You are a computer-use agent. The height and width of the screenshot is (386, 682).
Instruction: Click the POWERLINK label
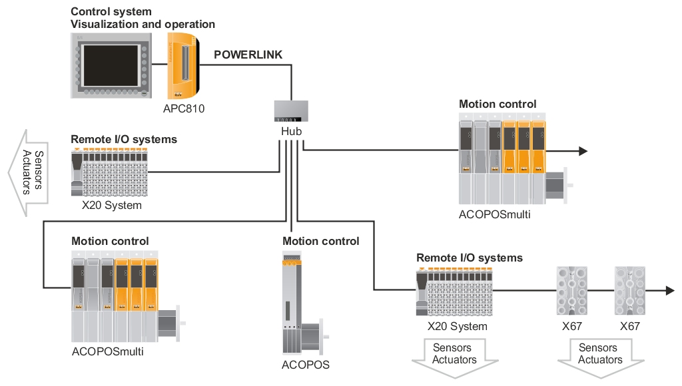[x=248, y=55]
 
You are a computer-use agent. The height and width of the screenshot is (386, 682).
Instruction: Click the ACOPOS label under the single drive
[x=306, y=365]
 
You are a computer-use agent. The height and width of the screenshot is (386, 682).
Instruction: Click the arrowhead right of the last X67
[x=669, y=291]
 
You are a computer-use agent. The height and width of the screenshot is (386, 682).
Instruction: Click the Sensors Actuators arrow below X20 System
[x=455, y=360]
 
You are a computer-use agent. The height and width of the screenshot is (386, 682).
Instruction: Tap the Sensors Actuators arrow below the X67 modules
[x=600, y=360]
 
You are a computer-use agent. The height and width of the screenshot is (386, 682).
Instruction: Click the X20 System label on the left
[x=112, y=206]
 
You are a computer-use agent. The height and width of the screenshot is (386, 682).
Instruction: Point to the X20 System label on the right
[x=457, y=326]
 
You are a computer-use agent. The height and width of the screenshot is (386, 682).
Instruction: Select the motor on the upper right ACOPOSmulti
[x=555, y=185]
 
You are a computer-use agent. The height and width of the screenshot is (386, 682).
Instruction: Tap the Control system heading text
[x=111, y=11]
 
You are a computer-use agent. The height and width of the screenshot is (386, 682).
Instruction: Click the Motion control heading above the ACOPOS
[x=320, y=241]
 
